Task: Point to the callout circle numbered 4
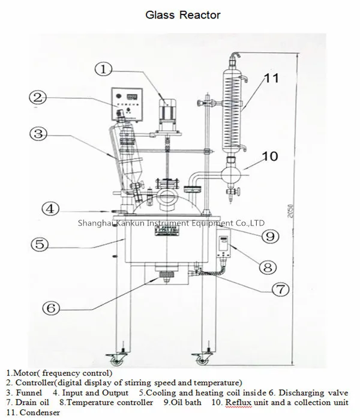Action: click(x=51, y=209)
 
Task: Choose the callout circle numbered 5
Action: click(x=40, y=244)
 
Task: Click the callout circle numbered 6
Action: click(x=51, y=308)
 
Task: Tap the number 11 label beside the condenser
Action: click(x=272, y=77)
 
